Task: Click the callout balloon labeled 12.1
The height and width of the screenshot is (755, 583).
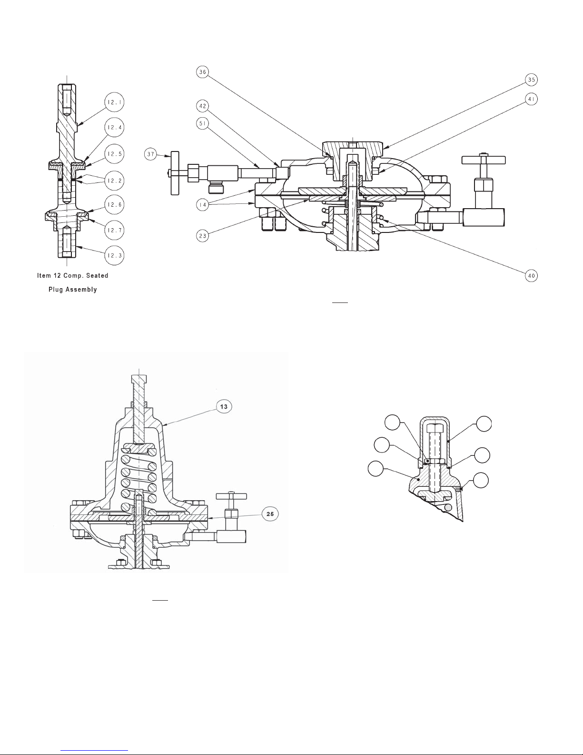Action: (x=114, y=102)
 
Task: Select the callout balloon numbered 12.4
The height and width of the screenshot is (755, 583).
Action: (x=114, y=128)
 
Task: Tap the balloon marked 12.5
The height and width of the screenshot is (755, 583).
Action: (x=114, y=153)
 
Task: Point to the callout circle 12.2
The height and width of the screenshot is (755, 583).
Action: (x=114, y=181)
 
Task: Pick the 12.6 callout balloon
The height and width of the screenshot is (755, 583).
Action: (x=114, y=205)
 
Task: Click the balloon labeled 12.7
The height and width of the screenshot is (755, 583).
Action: (x=114, y=230)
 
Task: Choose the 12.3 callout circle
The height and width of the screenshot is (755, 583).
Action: (x=114, y=255)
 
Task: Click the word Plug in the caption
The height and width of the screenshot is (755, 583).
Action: (x=56, y=290)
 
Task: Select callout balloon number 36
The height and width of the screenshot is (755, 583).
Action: (x=202, y=72)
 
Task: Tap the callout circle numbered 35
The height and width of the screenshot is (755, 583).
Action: (x=531, y=80)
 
